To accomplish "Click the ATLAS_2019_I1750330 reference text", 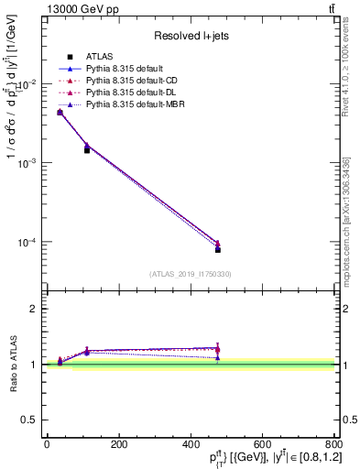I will pos(191,274).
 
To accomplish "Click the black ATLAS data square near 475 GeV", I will pos(218,249).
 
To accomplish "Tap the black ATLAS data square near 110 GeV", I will pos(87,150).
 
